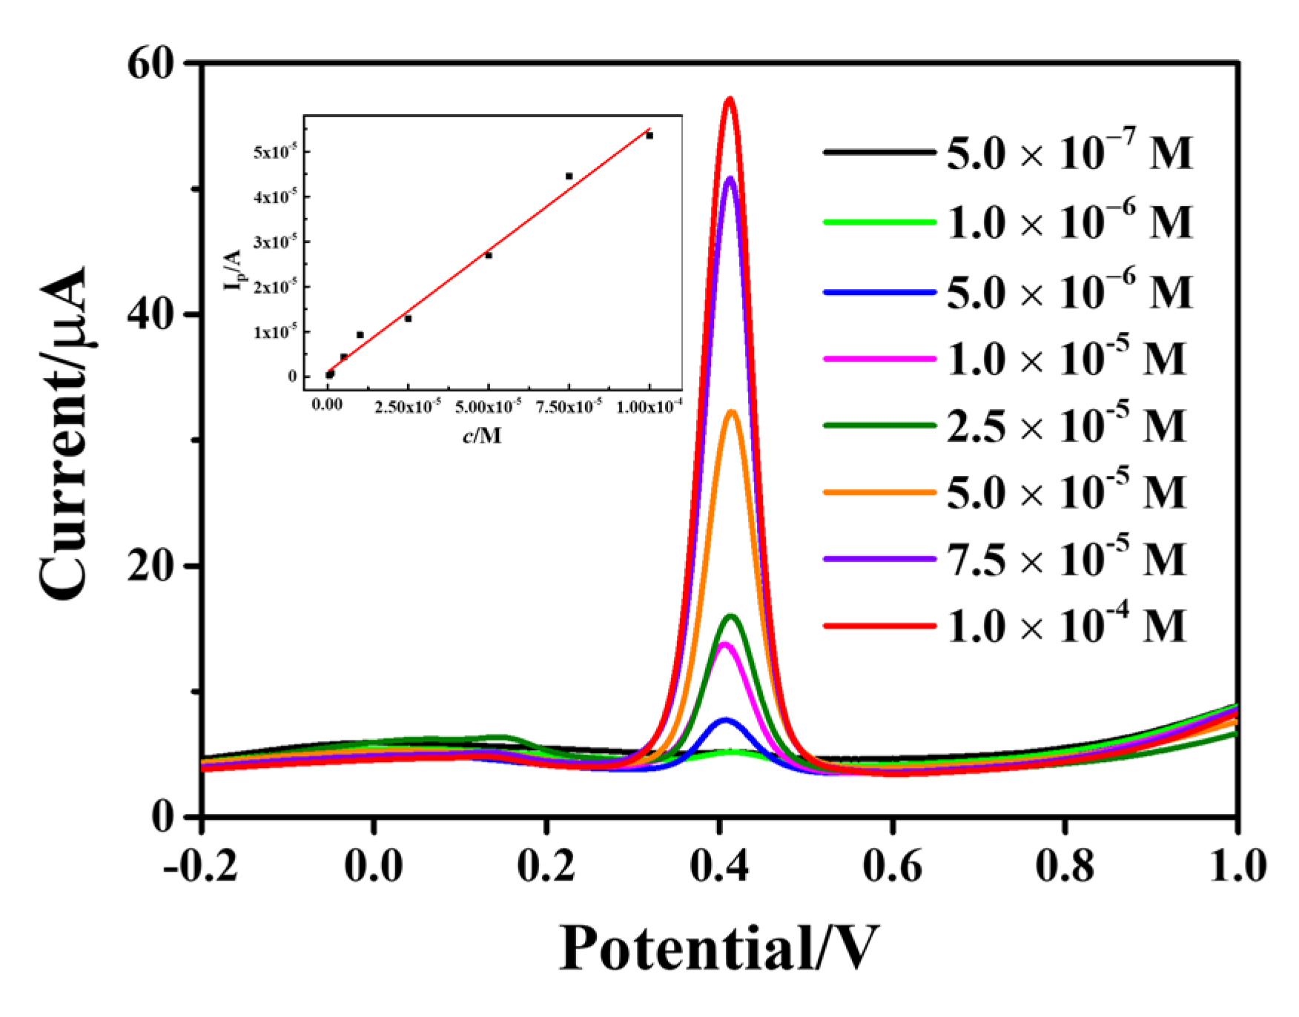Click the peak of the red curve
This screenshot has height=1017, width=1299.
[x=730, y=99]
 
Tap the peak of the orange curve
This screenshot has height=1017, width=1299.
[x=733, y=412]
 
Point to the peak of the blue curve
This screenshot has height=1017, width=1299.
[x=724, y=720]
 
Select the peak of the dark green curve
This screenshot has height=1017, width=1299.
[x=731, y=616]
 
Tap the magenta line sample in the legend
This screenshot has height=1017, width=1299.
[x=879, y=359]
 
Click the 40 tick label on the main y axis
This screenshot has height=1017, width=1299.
[x=151, y=314]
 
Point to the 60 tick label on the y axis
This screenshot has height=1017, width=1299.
[x=151, y=64]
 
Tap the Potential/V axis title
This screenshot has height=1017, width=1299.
[x=718, y=948]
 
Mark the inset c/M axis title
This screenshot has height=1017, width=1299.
[x=482, y=435]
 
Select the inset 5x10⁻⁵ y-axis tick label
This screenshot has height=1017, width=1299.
[x=275, y=152]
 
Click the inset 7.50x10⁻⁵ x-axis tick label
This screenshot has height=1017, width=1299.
[x=569, y=407]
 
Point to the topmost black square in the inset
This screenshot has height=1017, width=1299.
[x=649, y=136]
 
